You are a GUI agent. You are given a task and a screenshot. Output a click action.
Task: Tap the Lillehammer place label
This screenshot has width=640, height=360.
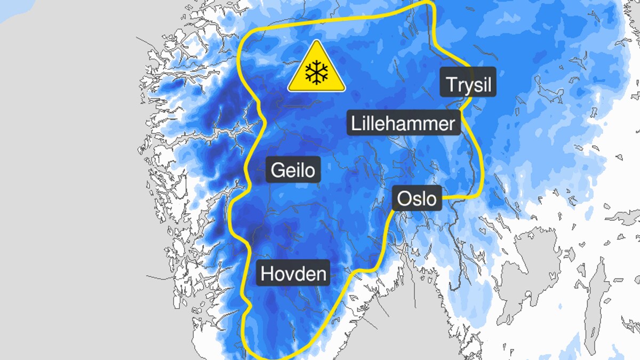[403, 123]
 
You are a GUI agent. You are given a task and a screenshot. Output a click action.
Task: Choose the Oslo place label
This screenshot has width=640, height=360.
[418, 199]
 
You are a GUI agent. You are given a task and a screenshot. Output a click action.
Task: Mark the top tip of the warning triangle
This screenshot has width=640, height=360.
[317, 41]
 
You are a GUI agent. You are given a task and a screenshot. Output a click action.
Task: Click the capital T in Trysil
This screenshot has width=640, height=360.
[451, 85]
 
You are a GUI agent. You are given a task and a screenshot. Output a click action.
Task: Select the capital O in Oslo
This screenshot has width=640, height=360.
[404, 199]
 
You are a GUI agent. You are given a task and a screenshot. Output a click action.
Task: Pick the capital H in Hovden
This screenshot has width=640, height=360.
[267, 274]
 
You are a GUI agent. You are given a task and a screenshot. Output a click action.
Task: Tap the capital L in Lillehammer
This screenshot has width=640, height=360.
[355, 124]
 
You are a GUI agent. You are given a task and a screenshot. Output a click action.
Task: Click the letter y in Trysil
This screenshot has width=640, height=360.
[467, 86]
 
